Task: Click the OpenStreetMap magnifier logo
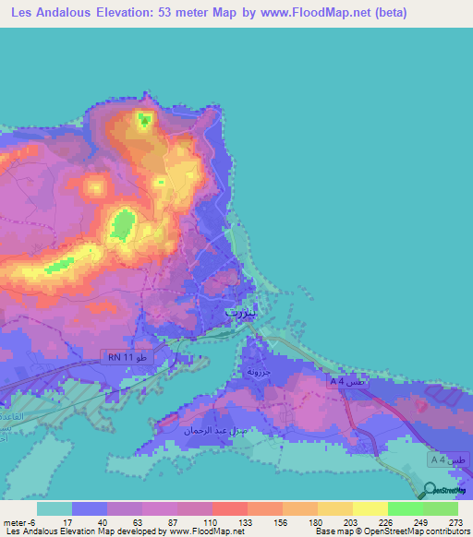431,490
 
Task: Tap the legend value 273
453,522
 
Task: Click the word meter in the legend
12,522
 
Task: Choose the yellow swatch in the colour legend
370,508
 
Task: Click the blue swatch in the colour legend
89,508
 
